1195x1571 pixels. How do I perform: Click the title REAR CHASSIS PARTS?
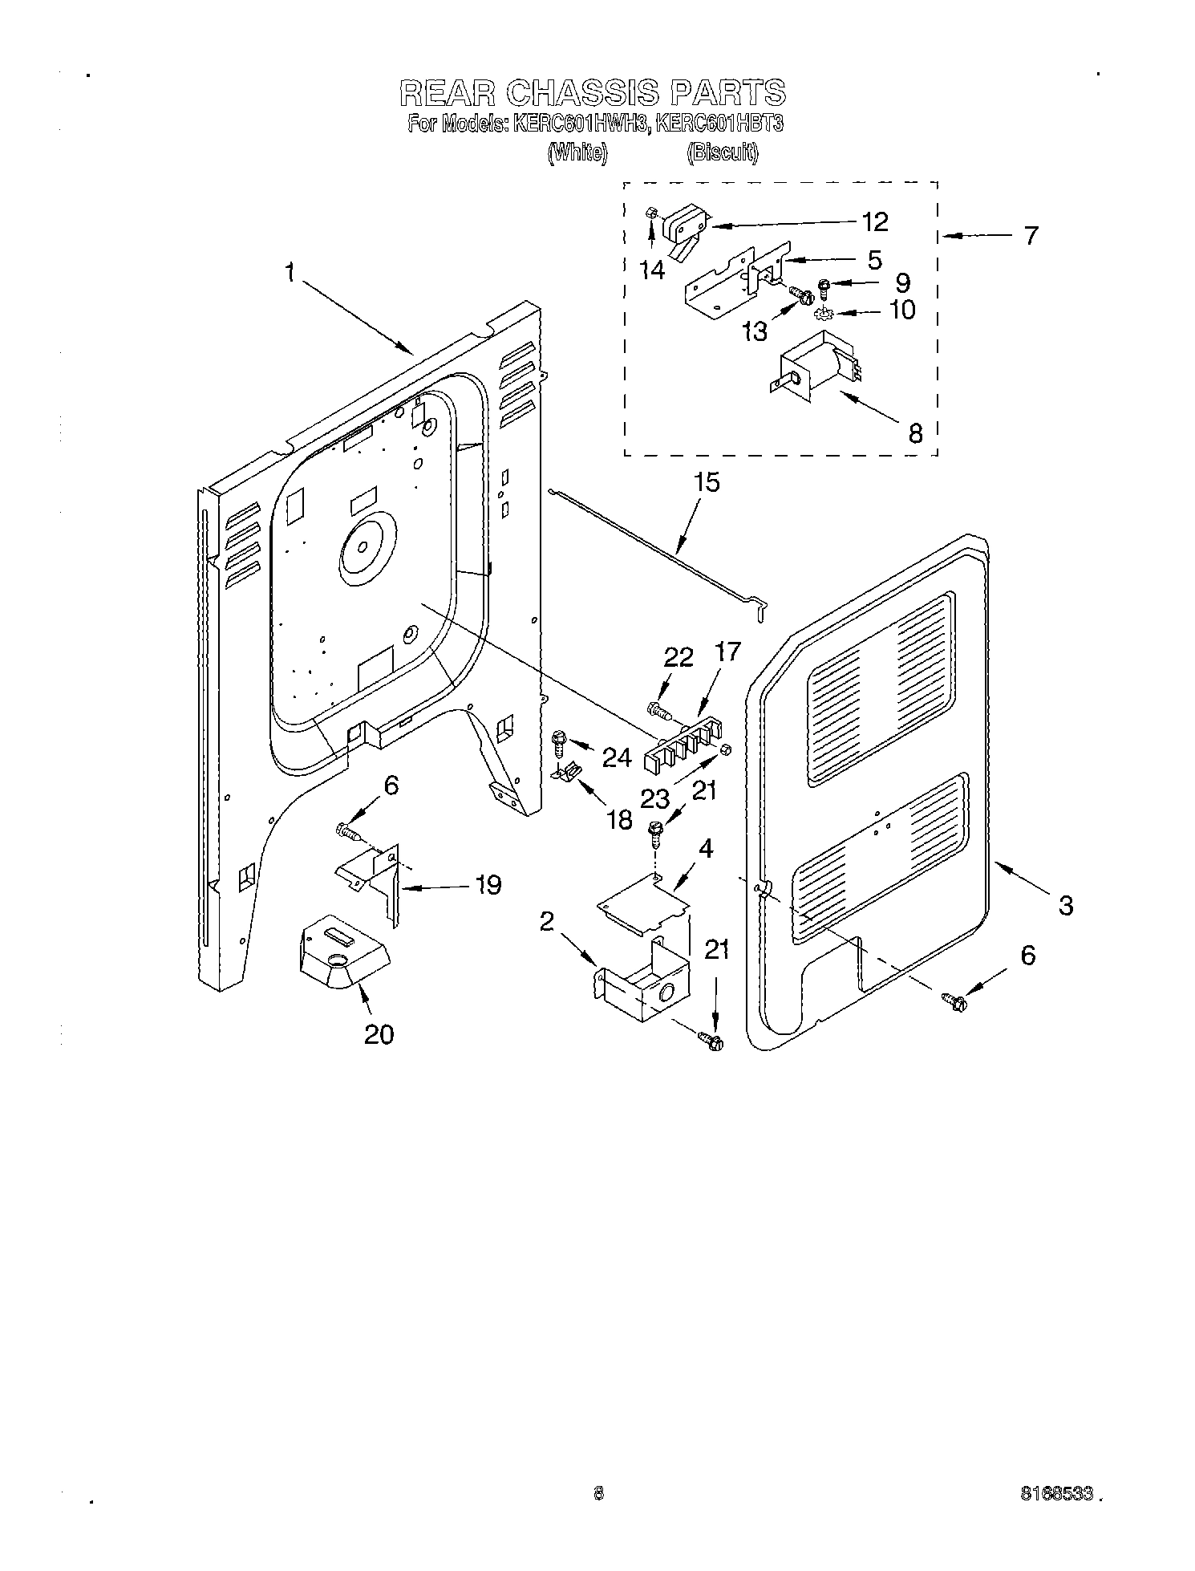[593, 93]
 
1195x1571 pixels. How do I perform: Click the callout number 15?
[707, 483]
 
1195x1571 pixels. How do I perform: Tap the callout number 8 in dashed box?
[915, 433]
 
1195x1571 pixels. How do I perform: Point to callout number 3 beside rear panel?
[1065, 905]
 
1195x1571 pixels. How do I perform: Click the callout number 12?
[875, 221]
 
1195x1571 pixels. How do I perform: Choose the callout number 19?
[488, 885]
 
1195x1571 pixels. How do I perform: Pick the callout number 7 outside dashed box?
[1031, 235]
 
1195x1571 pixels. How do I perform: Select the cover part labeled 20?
[343, 953]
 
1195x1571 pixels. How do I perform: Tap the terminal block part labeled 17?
[683, 744]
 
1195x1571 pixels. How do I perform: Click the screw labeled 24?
[560, 742]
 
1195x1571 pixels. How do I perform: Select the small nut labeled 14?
[652, 214]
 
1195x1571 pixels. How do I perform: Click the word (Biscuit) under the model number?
[722, 152]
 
